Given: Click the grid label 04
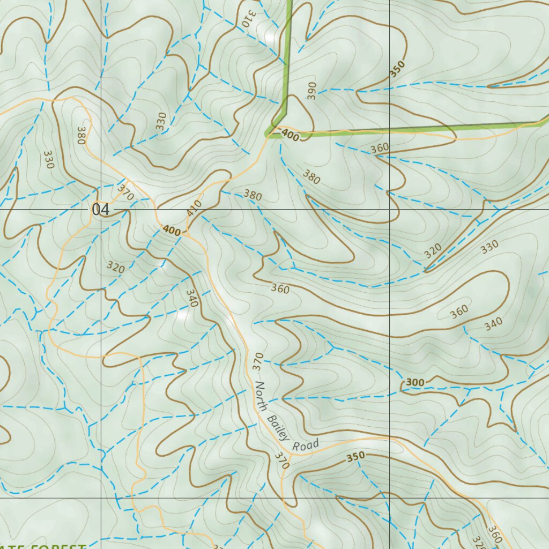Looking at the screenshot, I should click(100, 210).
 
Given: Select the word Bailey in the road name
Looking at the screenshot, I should click(277, 424).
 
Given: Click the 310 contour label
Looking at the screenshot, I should click(247, 18).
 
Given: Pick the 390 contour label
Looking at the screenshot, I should click(312, 91).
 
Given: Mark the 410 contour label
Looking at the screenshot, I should click(194, 208).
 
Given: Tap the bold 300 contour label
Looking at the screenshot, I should click(415, 382).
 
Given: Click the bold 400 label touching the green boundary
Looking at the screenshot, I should click(290, 137).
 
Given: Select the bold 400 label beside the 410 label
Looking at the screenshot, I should click(172, 231).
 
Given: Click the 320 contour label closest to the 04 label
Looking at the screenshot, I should click(115, 266).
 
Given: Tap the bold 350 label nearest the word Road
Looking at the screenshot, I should click(355, 457).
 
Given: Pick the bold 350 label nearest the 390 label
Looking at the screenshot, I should click(397, 72).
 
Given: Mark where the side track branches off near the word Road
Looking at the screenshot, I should click(290, 455).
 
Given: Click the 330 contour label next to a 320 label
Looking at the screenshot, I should click(489, 246).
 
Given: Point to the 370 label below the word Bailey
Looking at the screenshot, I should click(281, 461).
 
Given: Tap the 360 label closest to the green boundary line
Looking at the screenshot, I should click(380, 147).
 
